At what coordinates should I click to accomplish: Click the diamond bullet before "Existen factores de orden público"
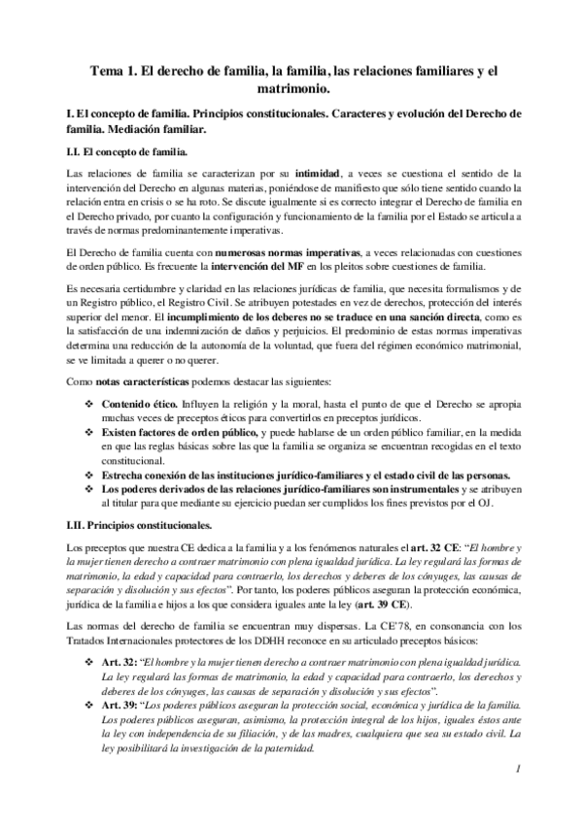[90, 425]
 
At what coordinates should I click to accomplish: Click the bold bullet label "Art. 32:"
[120, 663]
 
